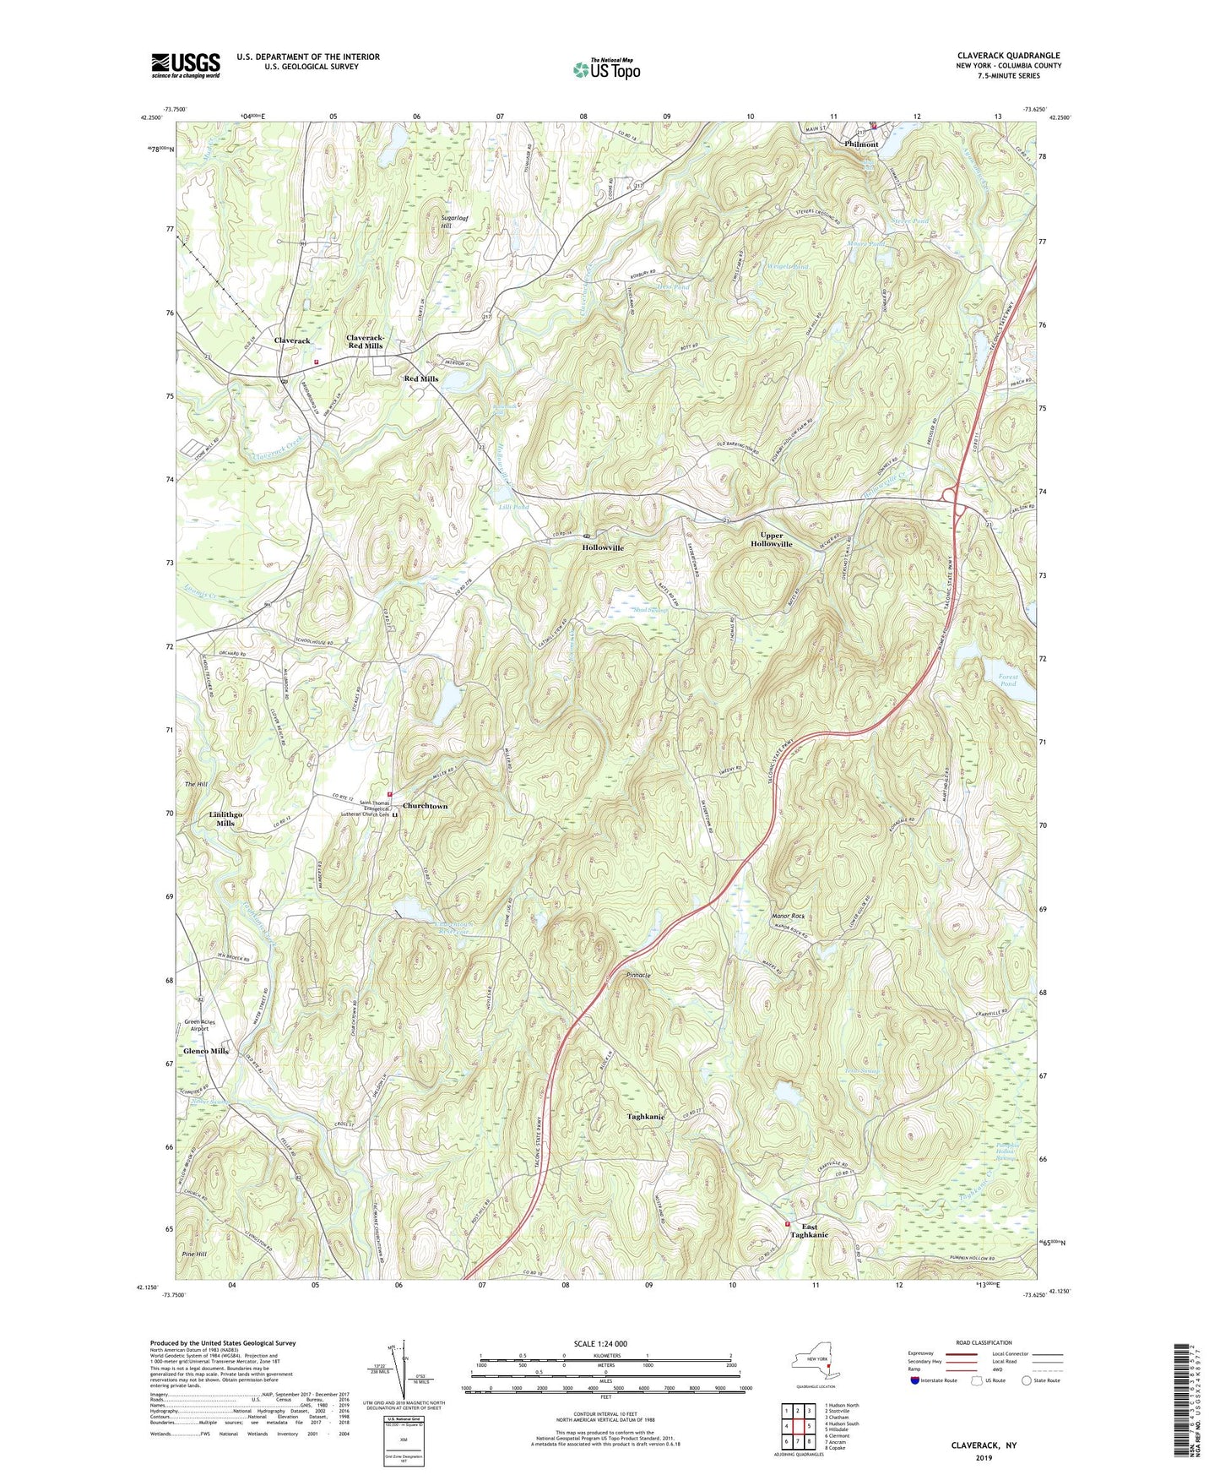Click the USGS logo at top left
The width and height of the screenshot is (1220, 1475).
point(186,65)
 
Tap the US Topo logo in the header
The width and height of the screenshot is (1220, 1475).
point(606,69)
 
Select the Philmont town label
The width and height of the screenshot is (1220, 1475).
point(861,144)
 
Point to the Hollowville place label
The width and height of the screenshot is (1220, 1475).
point(602,547)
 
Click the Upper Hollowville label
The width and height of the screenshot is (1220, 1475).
point(771,540)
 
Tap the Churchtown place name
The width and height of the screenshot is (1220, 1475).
point(425,806)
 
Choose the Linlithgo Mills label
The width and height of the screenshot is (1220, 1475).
point(225,819)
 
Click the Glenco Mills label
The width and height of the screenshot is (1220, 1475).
point(207,1051)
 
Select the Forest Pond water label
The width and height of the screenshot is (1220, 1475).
point(1007,680)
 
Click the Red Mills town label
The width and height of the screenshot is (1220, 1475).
point(420,378)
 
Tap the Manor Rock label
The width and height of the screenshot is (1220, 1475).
point(788,916)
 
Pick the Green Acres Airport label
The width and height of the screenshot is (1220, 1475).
point(199,1026)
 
